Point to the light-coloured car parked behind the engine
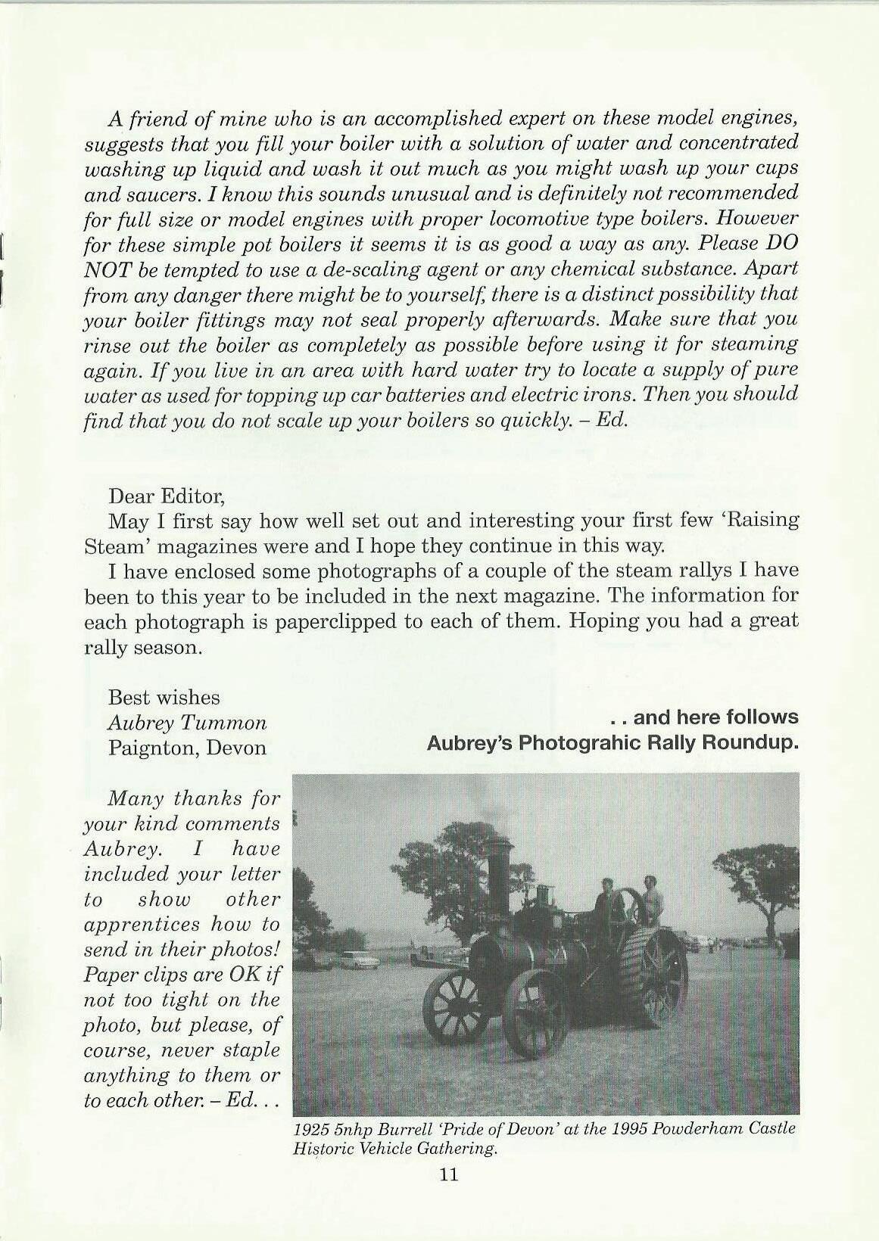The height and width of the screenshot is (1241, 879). point(363,960)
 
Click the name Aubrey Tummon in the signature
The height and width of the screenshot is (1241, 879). point(187,723)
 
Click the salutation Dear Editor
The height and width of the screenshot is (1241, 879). point(167,496)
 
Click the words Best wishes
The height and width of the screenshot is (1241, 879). point(164,697)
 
